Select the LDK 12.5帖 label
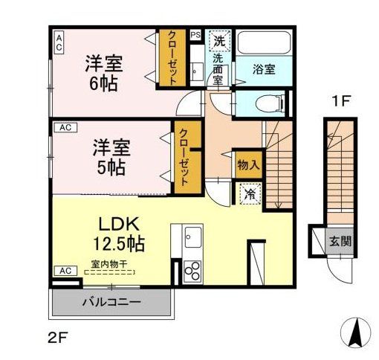(117, 233)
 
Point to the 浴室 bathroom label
(265, 69)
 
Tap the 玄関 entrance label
(340, 241)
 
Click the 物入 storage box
(247, 165)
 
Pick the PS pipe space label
(195, 34)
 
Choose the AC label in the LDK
(63, 271)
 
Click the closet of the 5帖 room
(183, 158)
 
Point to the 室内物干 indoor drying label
(109, 263)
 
